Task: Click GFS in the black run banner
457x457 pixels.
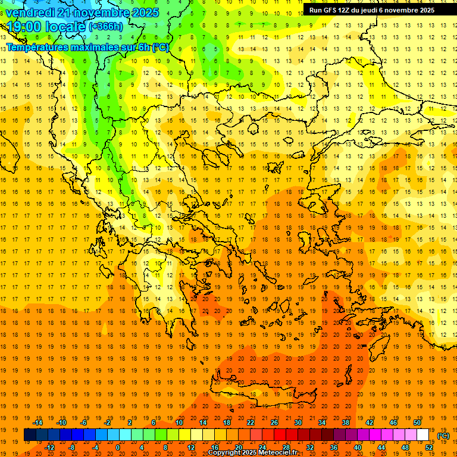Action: (331, 10)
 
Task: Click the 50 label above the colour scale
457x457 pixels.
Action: (417, 422)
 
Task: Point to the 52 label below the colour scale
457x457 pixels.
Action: (429, 447)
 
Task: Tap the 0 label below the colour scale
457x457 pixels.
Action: (118, 447)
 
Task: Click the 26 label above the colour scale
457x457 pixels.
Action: (274, 422)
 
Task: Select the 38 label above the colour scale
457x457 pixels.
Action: (346, 422)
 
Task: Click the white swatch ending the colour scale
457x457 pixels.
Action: (423, 435)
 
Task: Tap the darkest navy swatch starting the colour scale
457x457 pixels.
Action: (30, 435)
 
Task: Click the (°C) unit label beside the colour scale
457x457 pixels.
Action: (443, 436)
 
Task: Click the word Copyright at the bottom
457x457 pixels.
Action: (224, 453)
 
